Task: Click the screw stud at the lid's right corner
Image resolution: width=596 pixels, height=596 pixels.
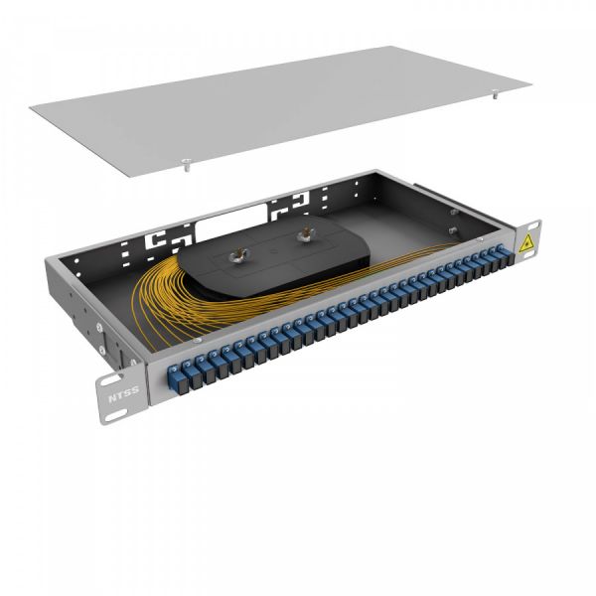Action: click(494, 97)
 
